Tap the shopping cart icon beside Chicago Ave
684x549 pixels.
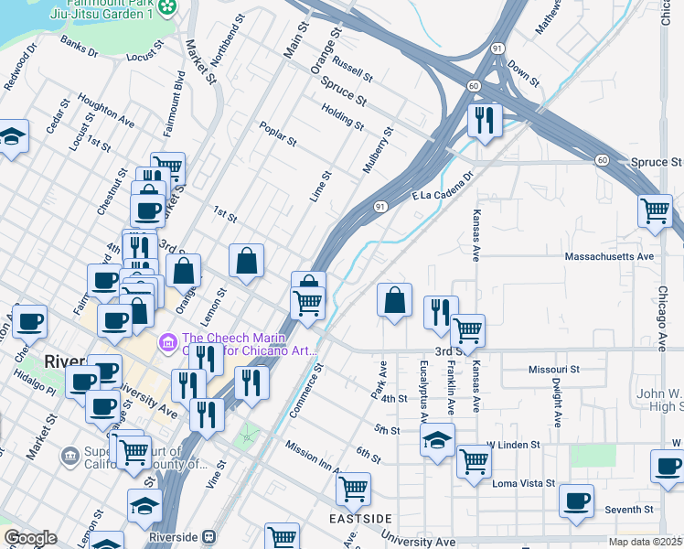pos(655,210)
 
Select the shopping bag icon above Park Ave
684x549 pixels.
pos(394,300)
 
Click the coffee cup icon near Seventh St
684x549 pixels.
pos(576,501)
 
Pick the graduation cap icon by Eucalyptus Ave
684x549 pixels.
pos(437,438)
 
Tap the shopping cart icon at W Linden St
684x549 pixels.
pos(474,460)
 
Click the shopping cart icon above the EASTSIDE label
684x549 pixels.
pos(353,489)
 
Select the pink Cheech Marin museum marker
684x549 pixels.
pos(167,344)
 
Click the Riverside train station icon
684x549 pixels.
pos(209,537)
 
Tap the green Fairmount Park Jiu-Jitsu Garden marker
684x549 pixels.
pos(166,8)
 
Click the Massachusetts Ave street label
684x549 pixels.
pos(610,257)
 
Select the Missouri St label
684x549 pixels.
pos(554,369)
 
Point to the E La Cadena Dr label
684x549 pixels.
pos(443,186)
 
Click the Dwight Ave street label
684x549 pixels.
pos(555,403)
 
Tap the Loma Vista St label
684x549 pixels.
pos(524,482)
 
